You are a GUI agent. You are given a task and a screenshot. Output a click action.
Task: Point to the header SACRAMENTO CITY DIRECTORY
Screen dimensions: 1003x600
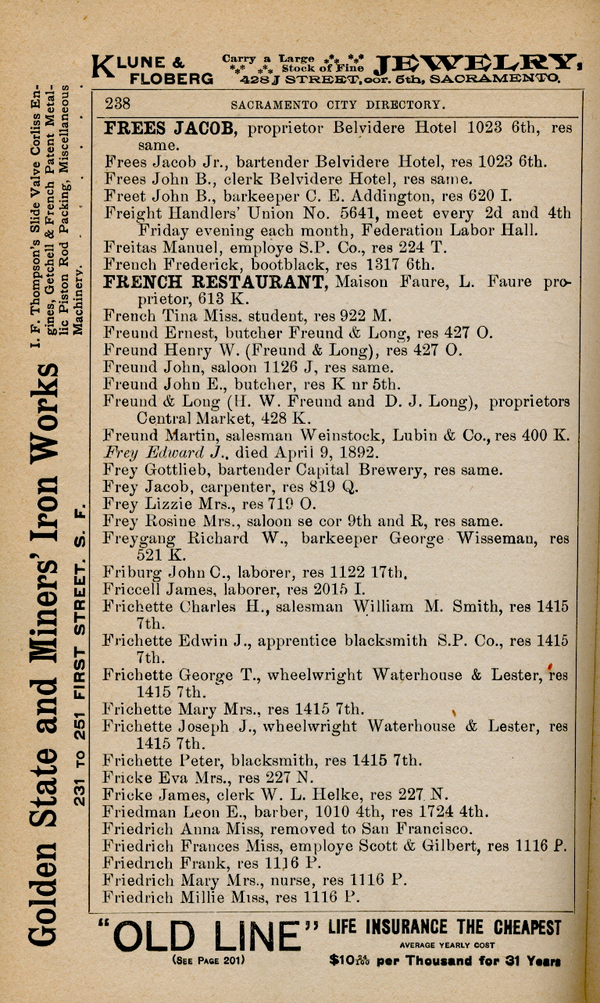pyautogui.click(x=338, y=105)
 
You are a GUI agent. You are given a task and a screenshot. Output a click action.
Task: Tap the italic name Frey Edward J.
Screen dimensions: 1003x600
pyautogui.click(x=156, y=452)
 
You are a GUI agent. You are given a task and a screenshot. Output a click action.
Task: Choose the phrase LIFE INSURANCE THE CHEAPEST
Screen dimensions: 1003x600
pyautogui.click(x=445, y=928)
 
